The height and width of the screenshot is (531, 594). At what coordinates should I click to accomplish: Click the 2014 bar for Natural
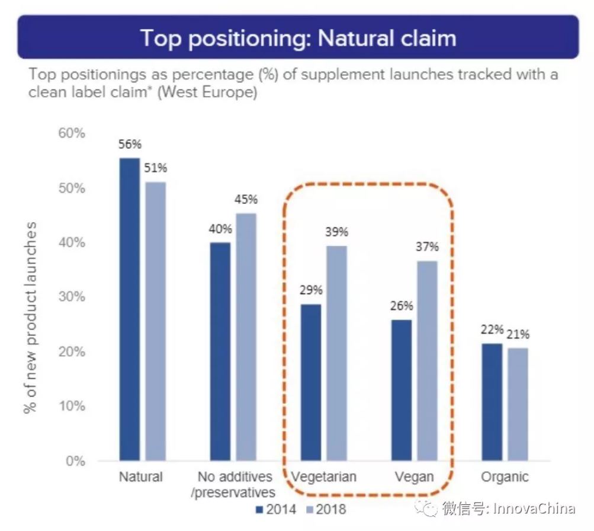point(130,309)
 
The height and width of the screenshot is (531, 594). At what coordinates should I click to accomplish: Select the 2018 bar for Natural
point(156,321)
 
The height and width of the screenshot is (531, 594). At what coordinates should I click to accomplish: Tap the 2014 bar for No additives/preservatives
point(220,351)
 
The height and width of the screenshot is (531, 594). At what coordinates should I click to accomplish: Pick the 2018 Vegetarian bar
point(337,353)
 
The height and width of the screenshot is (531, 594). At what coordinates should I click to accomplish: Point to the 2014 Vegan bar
point(402,391)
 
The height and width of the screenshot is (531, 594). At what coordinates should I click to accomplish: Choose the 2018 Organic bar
point(518,404)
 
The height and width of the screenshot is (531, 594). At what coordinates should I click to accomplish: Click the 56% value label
point(130,144)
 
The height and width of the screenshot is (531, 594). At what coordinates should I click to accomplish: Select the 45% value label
point(246,199)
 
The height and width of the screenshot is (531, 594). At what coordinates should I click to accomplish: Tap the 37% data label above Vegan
point(428,247)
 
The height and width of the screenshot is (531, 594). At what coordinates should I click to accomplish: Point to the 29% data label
point(311,290)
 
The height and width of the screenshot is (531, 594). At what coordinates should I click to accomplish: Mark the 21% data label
point(518,334)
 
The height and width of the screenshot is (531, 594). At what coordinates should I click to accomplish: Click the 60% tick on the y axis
point(72,133)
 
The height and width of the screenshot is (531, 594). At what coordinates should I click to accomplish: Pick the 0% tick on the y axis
point(75,461)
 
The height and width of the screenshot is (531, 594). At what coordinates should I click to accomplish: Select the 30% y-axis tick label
point(72,296)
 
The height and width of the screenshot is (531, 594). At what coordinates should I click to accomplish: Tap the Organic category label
point(505,477)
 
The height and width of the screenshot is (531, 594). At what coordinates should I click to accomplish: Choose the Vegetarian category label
point(323,477)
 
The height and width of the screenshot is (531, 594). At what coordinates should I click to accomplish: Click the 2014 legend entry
point(276,510)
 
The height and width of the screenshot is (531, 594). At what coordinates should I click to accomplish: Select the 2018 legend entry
point(326,510)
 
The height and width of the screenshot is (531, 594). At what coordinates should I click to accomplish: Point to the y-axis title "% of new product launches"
point(30,318)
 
